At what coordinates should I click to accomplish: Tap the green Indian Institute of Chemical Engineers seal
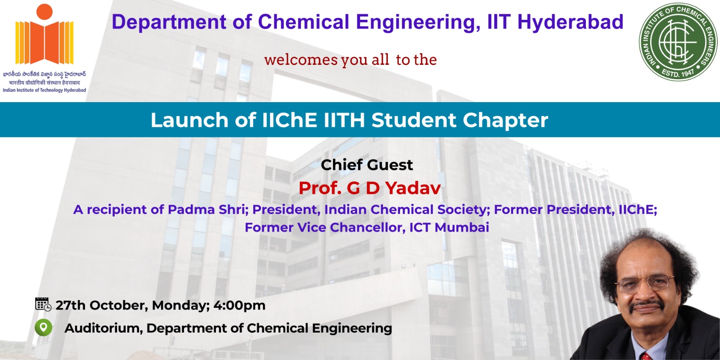coord(678,42)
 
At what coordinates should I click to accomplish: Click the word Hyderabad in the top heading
coord(570,22)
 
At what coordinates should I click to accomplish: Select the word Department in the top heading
coord(169,22)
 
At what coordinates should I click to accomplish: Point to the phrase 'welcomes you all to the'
coord(351,60)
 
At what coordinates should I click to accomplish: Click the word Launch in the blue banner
coord(189,120)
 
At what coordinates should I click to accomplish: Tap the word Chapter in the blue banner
coord(505,120)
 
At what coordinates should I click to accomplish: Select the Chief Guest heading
coord(367,165)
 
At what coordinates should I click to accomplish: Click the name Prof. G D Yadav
coord(369,188)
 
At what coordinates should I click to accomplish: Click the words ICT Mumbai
coord(449,227)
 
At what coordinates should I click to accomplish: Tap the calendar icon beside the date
coord(43,304)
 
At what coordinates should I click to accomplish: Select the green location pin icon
coord(43,328)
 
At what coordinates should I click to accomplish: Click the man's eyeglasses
coord(644,283)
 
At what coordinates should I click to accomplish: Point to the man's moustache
coord(646,305)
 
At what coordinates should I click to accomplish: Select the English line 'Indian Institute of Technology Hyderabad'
coord(45,90)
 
